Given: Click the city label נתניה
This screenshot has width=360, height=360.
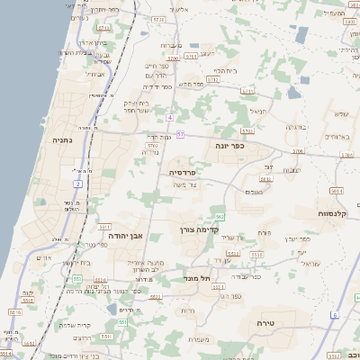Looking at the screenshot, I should [62, 139].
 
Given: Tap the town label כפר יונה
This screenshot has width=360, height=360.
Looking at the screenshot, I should [229, 145].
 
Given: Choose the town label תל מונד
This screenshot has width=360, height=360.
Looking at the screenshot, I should [195, 278].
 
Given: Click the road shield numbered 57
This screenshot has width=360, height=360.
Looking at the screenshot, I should [180, 134].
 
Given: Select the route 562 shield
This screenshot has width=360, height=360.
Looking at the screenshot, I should [220, 217].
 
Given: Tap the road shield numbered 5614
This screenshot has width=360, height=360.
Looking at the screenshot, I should [337, 191].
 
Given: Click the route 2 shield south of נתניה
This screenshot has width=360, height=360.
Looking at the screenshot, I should [78, 184].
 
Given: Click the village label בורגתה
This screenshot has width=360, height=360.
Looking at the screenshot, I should [297, 127].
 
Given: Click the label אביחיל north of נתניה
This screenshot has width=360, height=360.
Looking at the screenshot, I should [95, 74].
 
